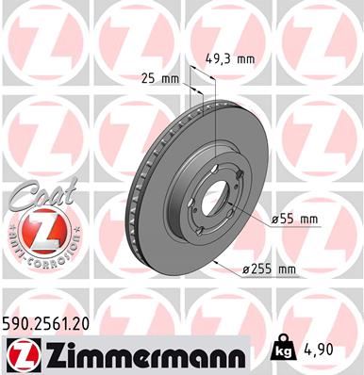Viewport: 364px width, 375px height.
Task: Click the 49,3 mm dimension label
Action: [230, 58]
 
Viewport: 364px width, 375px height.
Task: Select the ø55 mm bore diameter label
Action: [296, 220]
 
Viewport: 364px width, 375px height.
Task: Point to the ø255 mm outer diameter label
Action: [269, 270]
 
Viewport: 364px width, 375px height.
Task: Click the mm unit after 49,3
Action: [245, 58]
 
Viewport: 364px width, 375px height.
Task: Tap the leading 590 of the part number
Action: [18, 323]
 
